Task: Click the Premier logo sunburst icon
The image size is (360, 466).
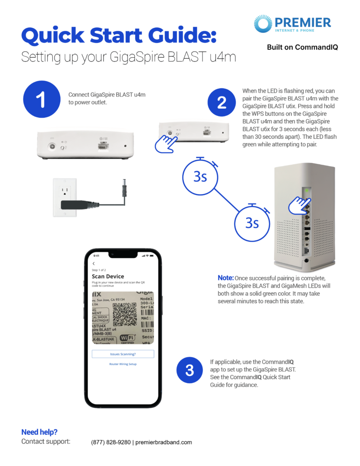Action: pos(263,23)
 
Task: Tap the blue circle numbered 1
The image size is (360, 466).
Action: pos(41,100)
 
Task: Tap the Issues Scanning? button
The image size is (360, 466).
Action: pos(123,354)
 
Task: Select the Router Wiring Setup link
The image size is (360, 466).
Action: pos(123,364)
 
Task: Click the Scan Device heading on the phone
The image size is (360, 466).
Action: pos(108,276)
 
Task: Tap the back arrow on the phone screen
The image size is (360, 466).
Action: pos(94,263)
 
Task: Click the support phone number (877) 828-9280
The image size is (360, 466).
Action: pos(111,442)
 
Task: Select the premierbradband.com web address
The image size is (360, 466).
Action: pos(164,442)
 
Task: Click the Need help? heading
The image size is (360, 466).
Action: pos(39,432)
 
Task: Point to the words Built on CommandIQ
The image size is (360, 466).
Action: pos(302,47)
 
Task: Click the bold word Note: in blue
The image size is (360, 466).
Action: pos(226,278)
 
